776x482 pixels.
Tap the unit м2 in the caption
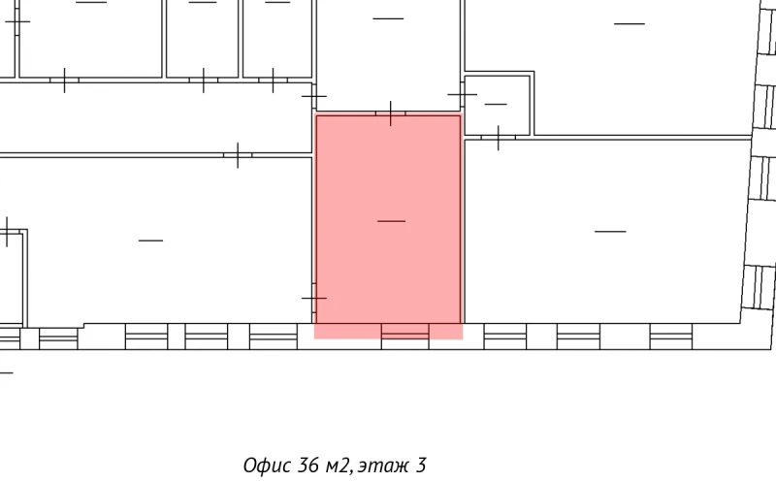(337, 466)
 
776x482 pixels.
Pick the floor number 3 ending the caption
(421, 466)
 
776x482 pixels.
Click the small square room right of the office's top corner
(497, 104)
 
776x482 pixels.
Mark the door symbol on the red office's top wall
(390, 113)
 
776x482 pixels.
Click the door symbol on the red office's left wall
(313, 297)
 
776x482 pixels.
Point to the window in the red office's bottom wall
(405, 333)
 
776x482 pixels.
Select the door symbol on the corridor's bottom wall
(237, 154)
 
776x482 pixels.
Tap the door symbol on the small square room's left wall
(463, 94)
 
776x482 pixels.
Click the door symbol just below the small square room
(498, 138)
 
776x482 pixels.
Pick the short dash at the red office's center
(391, 222)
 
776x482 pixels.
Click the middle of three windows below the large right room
(578, 335)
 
